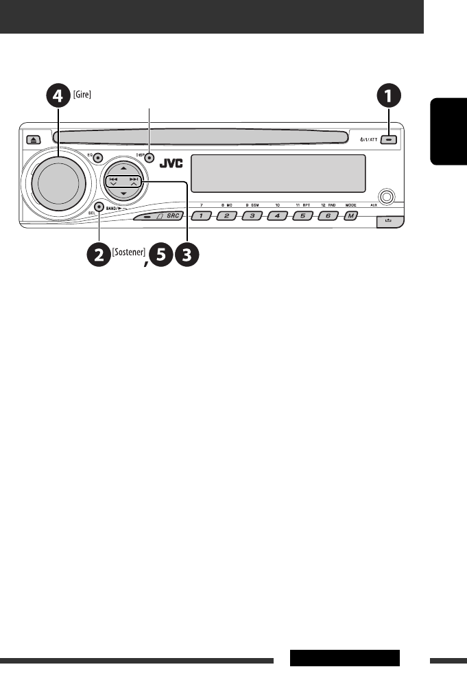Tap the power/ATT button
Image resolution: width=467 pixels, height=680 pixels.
390,138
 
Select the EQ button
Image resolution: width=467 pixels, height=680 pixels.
99,157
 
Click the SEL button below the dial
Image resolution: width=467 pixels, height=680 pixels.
99,206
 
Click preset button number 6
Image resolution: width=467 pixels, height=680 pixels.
326,216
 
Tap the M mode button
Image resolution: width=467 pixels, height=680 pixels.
351,216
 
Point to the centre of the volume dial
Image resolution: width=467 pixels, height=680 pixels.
58,183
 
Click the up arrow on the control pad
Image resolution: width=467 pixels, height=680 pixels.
123,168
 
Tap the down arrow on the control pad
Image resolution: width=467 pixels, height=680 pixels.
123,195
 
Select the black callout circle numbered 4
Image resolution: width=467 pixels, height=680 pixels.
58,97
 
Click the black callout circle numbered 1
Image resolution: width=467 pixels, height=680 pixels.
390,97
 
